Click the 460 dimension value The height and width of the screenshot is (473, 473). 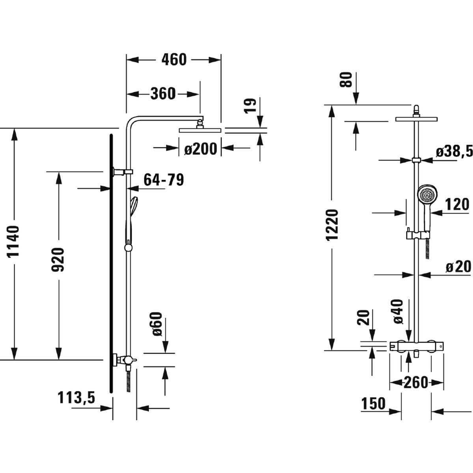174,60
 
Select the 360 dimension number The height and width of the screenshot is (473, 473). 163,94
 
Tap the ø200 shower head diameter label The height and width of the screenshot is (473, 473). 201,149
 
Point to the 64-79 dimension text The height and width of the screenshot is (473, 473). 164,180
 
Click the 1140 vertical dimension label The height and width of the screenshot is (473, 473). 14,241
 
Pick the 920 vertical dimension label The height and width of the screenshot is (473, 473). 58,260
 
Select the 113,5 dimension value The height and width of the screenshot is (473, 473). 76,398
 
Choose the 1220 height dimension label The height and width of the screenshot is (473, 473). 332,225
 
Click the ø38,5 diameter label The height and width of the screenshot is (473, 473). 454,151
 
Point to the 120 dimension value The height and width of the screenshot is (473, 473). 457,205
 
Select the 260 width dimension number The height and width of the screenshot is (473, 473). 416,382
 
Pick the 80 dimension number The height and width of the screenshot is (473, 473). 346,80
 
